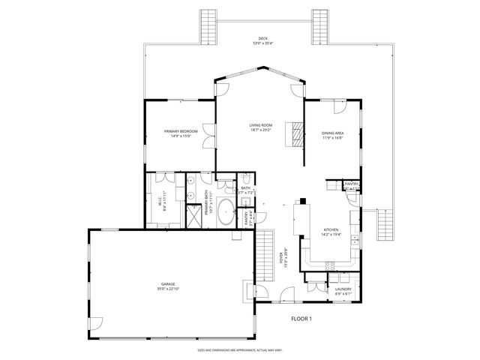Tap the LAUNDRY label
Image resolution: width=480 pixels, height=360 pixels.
click(x=343, y=290)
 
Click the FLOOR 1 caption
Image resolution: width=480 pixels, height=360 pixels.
click(x=302, y=319)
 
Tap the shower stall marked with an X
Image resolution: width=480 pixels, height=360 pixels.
click(x=193, y=215)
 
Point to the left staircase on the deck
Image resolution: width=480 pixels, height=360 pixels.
click(x=208, y=28)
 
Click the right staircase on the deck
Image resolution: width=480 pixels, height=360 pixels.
click(x=322, y=28)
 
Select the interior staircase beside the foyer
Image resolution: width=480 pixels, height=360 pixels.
click(x=264, y=254)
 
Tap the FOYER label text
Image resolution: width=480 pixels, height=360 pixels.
click(x=282, y=259)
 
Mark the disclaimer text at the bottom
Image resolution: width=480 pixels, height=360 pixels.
click(x=239, y=350)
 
